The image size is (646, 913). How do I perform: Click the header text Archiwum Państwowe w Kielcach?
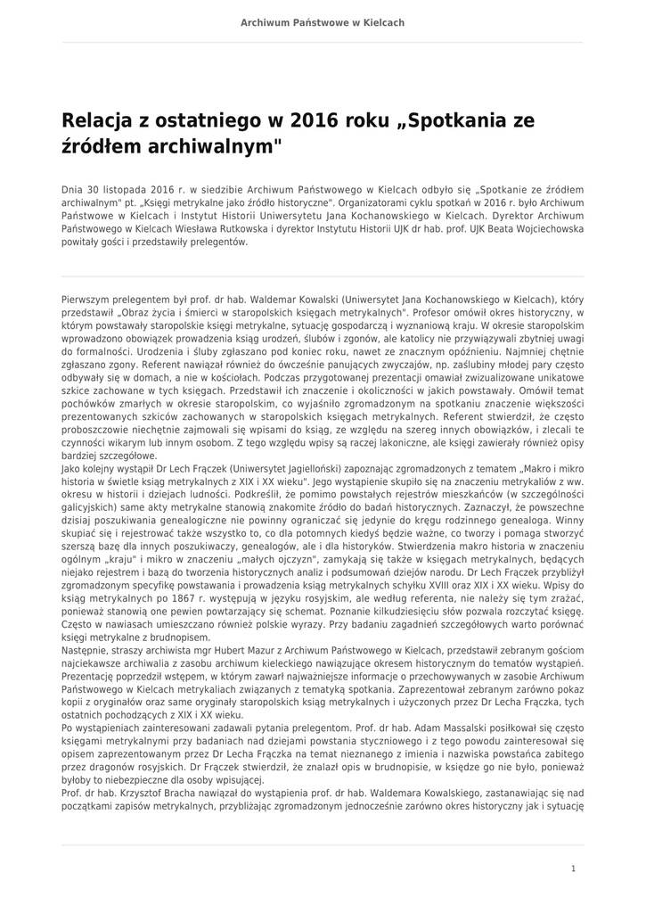pos(323,22)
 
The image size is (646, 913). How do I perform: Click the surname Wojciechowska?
pos(544,228)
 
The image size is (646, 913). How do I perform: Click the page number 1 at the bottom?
pos(573,868)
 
